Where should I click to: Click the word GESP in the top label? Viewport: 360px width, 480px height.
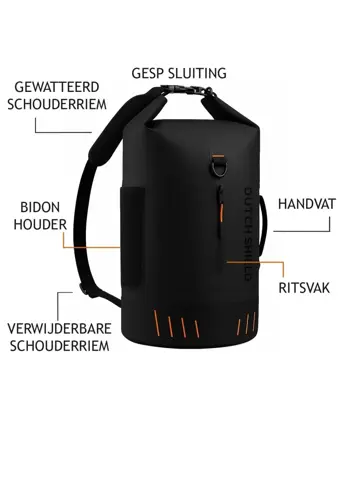(147, 73)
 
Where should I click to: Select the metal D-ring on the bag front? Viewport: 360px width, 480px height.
(215, 161)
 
